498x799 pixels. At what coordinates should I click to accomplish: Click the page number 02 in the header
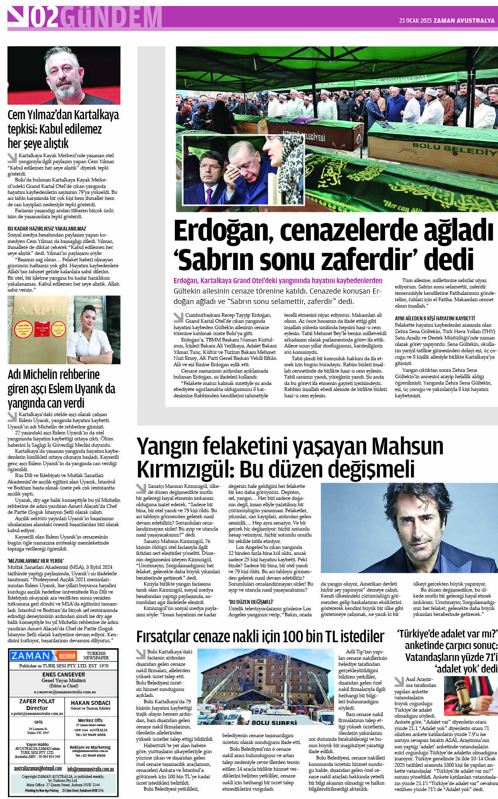click(x=44, y=18)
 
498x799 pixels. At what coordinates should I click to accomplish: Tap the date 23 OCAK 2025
click(x=415, y=21)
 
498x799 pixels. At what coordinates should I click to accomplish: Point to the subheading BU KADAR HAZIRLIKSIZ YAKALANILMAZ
click(x=47, y=229)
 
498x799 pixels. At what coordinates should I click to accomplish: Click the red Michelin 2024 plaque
click(x=42, y=328)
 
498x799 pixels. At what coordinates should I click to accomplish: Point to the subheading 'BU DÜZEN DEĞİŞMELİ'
click(x=251, y=602)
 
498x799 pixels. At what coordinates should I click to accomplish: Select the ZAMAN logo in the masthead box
click(x=31, y=656)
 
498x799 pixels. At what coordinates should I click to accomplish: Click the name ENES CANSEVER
click(x=64, y=675)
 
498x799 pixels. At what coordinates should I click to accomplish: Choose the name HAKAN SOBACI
click(x=90, y=703)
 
